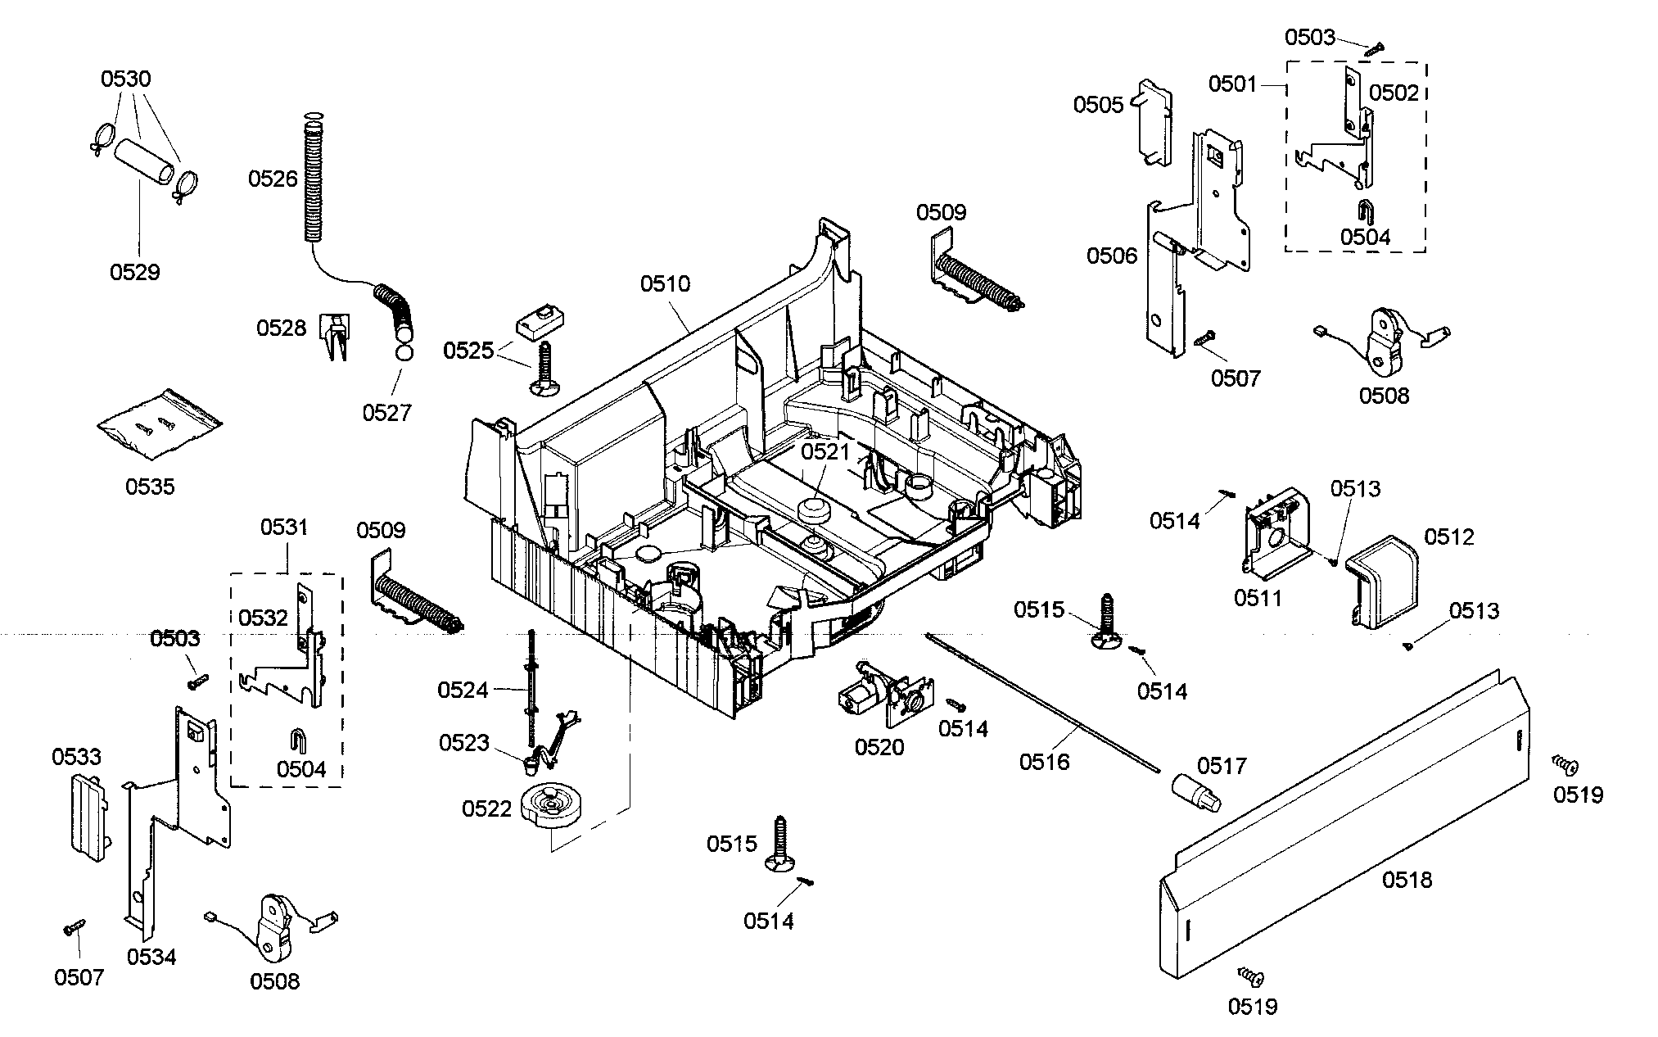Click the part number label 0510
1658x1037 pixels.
click(x=665, y=284)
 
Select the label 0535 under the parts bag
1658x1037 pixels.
click(x=150, y=487)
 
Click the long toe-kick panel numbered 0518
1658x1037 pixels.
click(x=1343, y=827)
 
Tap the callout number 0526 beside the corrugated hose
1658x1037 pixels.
click(x=273, y=179)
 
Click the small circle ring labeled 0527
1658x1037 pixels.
click(x=402, y=354)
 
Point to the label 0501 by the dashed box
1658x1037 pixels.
click(x=1233, y=84)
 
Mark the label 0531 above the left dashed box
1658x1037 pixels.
click(x=284, y=528)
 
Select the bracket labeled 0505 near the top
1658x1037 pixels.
click(x=1154, y=123)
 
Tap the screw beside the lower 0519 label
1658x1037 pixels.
click(x=1250, y=975)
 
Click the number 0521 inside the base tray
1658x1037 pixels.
click(x=825, y=451)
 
